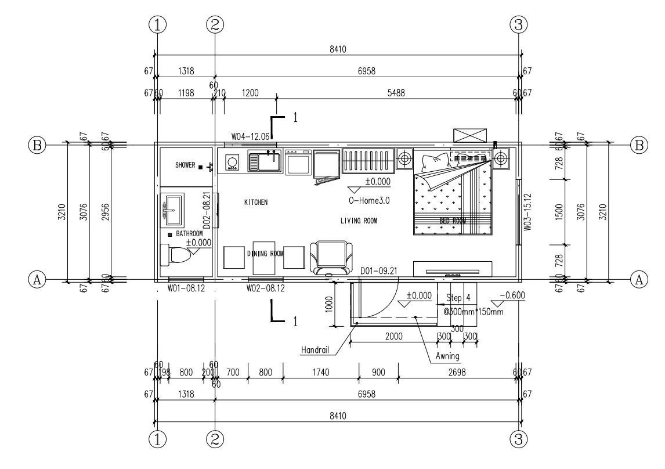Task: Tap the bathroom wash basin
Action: click(x=172, y=210)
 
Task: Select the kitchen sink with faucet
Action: click(x=264, y=160)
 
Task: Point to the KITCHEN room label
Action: click(x=255, y=203)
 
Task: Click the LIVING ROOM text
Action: click(x=359, y=221)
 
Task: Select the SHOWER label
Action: click(x=186, y=165)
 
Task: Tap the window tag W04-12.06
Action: click(x=250, y=136)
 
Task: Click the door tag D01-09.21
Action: click(x=378, y=271)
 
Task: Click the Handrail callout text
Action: click(x=316, y=350)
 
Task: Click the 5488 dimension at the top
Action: click(x=397, y=93)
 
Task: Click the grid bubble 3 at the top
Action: click(x=519, y=24)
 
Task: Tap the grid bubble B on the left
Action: click(x=38, y=145)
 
